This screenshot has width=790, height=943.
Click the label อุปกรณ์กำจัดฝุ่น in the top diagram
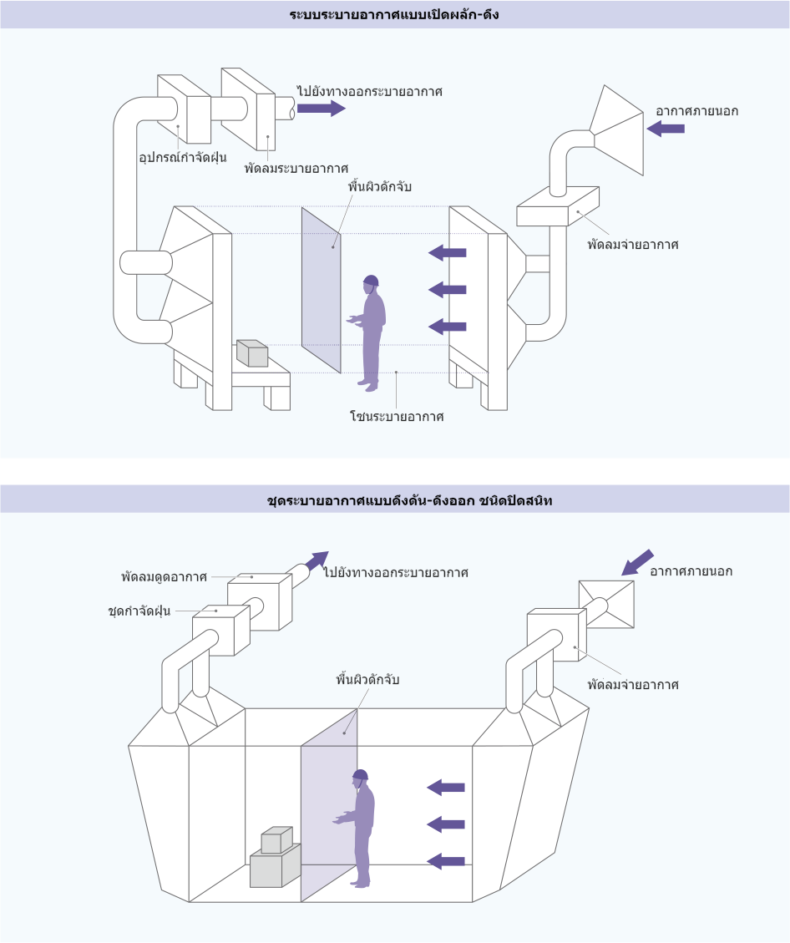pos(183,158)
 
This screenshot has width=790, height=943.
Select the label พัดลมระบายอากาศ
pos(296,168)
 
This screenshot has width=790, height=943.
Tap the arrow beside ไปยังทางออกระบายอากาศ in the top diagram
pos(322,109)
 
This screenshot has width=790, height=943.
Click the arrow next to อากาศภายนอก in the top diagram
pos(666,128)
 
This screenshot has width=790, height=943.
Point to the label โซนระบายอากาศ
pos(397,416)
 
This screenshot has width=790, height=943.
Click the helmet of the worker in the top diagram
pos(372,281)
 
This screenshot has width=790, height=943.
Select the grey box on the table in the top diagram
pos(252,353)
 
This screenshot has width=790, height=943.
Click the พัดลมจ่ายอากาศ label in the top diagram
pos(633,244)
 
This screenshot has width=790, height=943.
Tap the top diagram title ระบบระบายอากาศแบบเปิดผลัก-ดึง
pos(394,14)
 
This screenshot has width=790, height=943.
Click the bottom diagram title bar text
pos(409,499)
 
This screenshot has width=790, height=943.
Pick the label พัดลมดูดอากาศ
pos(165,577)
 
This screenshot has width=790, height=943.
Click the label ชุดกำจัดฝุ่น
pos(139,611)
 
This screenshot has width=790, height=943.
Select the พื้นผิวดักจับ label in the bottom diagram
pos(367,680)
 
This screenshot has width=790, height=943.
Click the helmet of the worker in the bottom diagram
pos(360,774)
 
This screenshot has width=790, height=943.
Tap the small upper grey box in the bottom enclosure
pos(276,839)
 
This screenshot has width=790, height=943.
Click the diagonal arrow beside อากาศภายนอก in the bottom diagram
pos(637,562)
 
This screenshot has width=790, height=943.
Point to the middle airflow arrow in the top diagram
pos(448,289)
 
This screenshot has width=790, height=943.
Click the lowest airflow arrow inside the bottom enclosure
pos(445,861)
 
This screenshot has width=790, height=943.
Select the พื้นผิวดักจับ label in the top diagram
pos(379,186)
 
